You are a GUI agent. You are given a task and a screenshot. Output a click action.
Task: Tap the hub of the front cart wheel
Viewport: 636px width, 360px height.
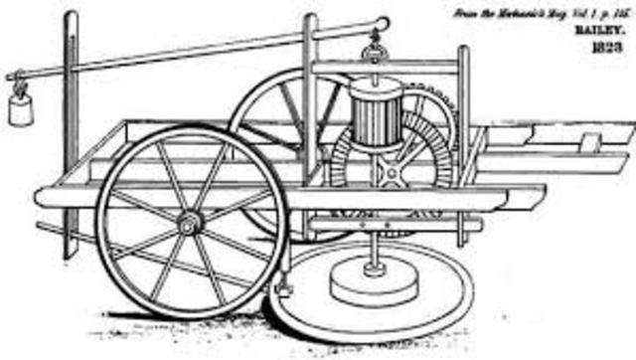[188, 225]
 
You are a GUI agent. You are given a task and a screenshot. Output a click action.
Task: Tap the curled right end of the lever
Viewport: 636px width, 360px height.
[385, 23]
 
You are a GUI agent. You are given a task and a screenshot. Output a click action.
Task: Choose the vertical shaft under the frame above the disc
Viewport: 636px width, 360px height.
[374, 244]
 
